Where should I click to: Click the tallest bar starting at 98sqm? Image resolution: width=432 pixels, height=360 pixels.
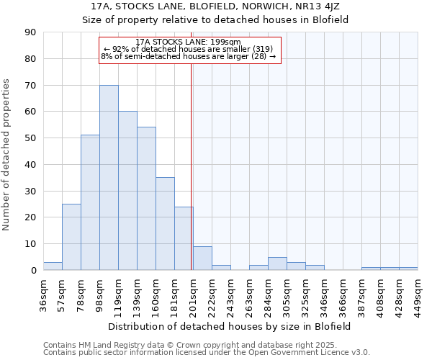coord(109,178)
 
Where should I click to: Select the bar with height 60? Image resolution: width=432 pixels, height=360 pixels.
coord(127,191)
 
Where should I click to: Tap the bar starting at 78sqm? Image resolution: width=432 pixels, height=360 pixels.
coord(90,202)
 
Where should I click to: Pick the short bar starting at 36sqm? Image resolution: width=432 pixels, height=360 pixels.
coord(53,266)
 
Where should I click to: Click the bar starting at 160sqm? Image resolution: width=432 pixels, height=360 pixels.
coord(165,224)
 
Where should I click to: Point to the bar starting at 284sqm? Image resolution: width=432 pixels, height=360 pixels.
coord(277,264)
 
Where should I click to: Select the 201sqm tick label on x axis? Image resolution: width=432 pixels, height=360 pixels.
coord(194,294)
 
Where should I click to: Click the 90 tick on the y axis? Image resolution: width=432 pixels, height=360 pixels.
coord(30,32)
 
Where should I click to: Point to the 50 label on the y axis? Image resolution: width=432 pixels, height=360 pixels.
coord(30,138)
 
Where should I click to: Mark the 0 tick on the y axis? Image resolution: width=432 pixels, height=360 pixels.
coord(33,271)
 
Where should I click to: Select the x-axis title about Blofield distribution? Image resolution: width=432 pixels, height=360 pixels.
coord(231,326)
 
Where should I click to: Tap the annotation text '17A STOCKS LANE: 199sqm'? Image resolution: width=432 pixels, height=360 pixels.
coord(189,42)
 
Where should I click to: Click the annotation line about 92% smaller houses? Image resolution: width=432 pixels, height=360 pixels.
coord(189,49)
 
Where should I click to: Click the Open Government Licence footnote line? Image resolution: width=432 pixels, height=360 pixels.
coord(207,352)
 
